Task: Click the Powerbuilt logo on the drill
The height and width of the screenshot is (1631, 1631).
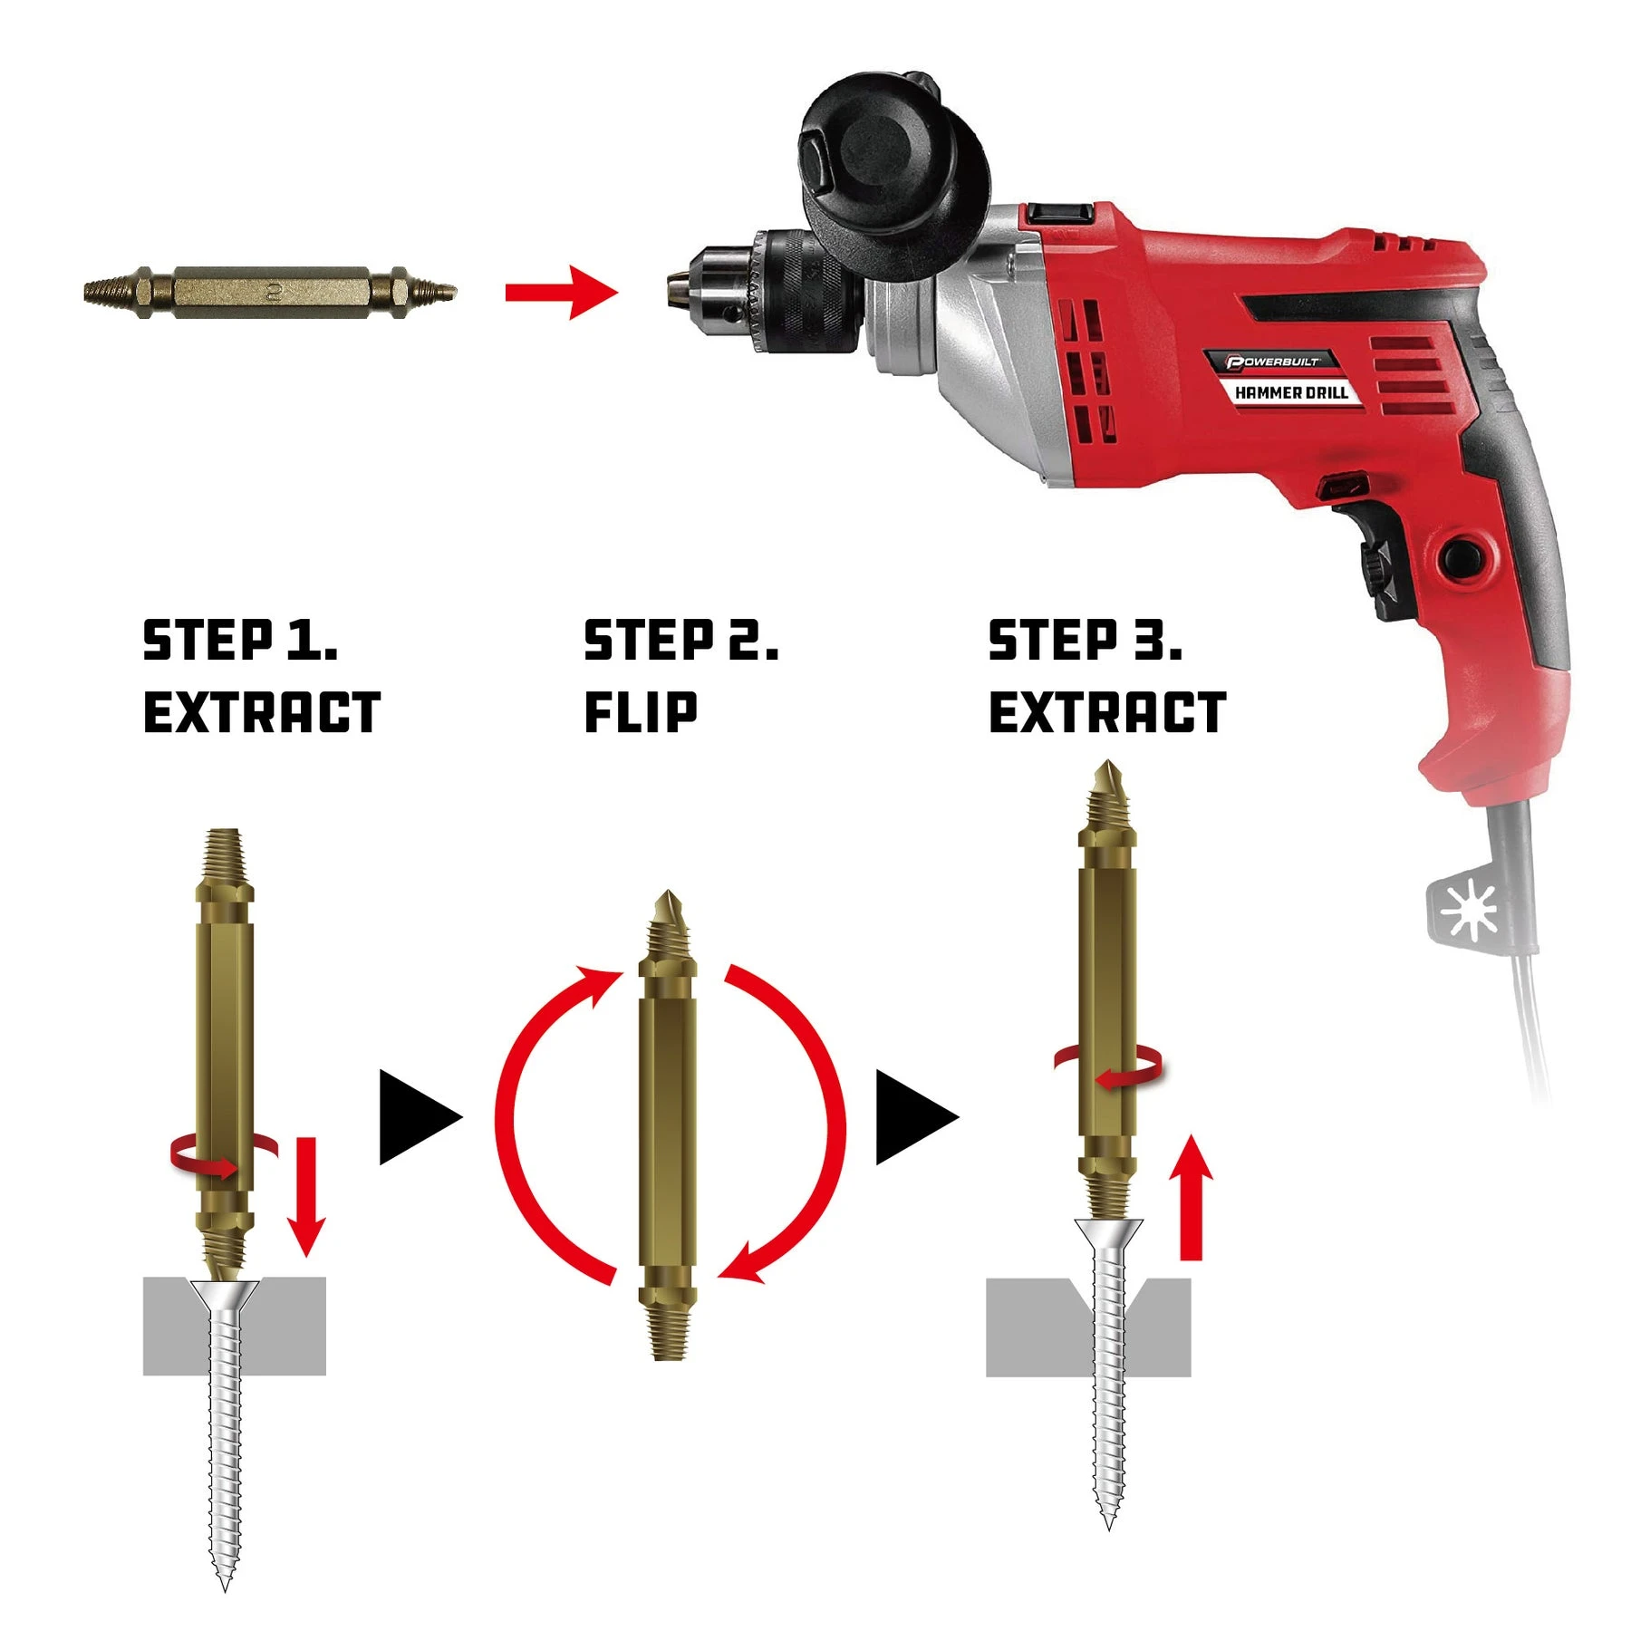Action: click(1272, 362)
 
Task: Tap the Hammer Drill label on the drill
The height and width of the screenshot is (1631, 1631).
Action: click(1291, 392)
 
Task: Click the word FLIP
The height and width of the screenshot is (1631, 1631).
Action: click(641, 711)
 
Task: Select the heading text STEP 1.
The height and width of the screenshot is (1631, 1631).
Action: click(240, 640)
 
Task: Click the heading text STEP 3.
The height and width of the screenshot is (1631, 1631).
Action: click(1085, 640)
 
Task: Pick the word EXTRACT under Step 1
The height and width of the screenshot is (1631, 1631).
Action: click(262, 711)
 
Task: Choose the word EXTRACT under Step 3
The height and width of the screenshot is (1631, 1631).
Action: click(1107, 711)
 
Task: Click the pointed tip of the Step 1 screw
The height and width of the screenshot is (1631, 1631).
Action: click(225, 1588)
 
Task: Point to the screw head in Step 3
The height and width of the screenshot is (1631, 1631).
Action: click(1109, 1233)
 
